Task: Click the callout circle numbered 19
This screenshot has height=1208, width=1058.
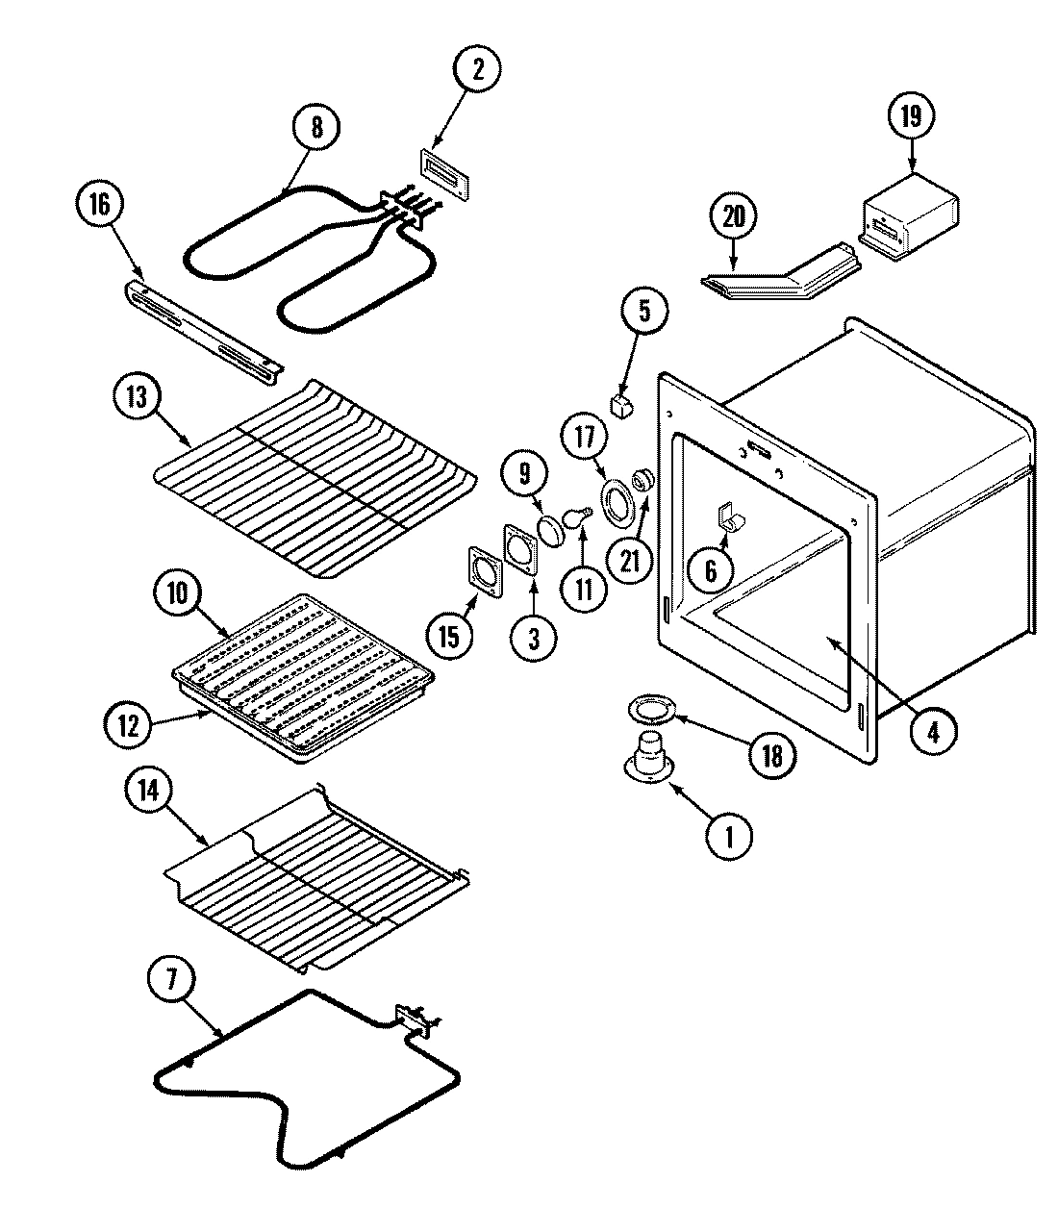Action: (910, 116)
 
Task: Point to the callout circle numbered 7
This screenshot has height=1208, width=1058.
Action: (173, 980)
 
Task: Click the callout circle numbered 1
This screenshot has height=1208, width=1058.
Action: (730, 837)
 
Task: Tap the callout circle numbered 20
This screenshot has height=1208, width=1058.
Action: (733, 217)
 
